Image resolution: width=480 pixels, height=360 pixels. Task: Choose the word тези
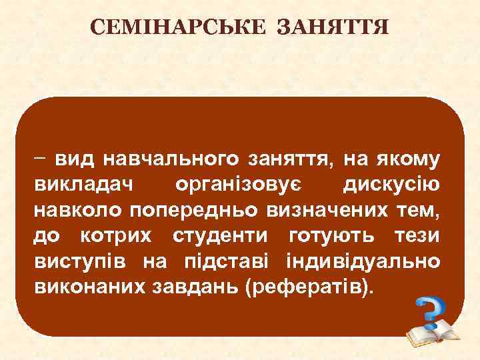pos(414,236)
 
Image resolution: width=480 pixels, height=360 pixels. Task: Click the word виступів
pos(81,262)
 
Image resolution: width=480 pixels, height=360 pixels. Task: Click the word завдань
pos(195,288)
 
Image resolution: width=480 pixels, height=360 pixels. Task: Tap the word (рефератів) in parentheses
pos(306,289)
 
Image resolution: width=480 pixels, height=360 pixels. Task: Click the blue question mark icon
pos(431,311)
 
